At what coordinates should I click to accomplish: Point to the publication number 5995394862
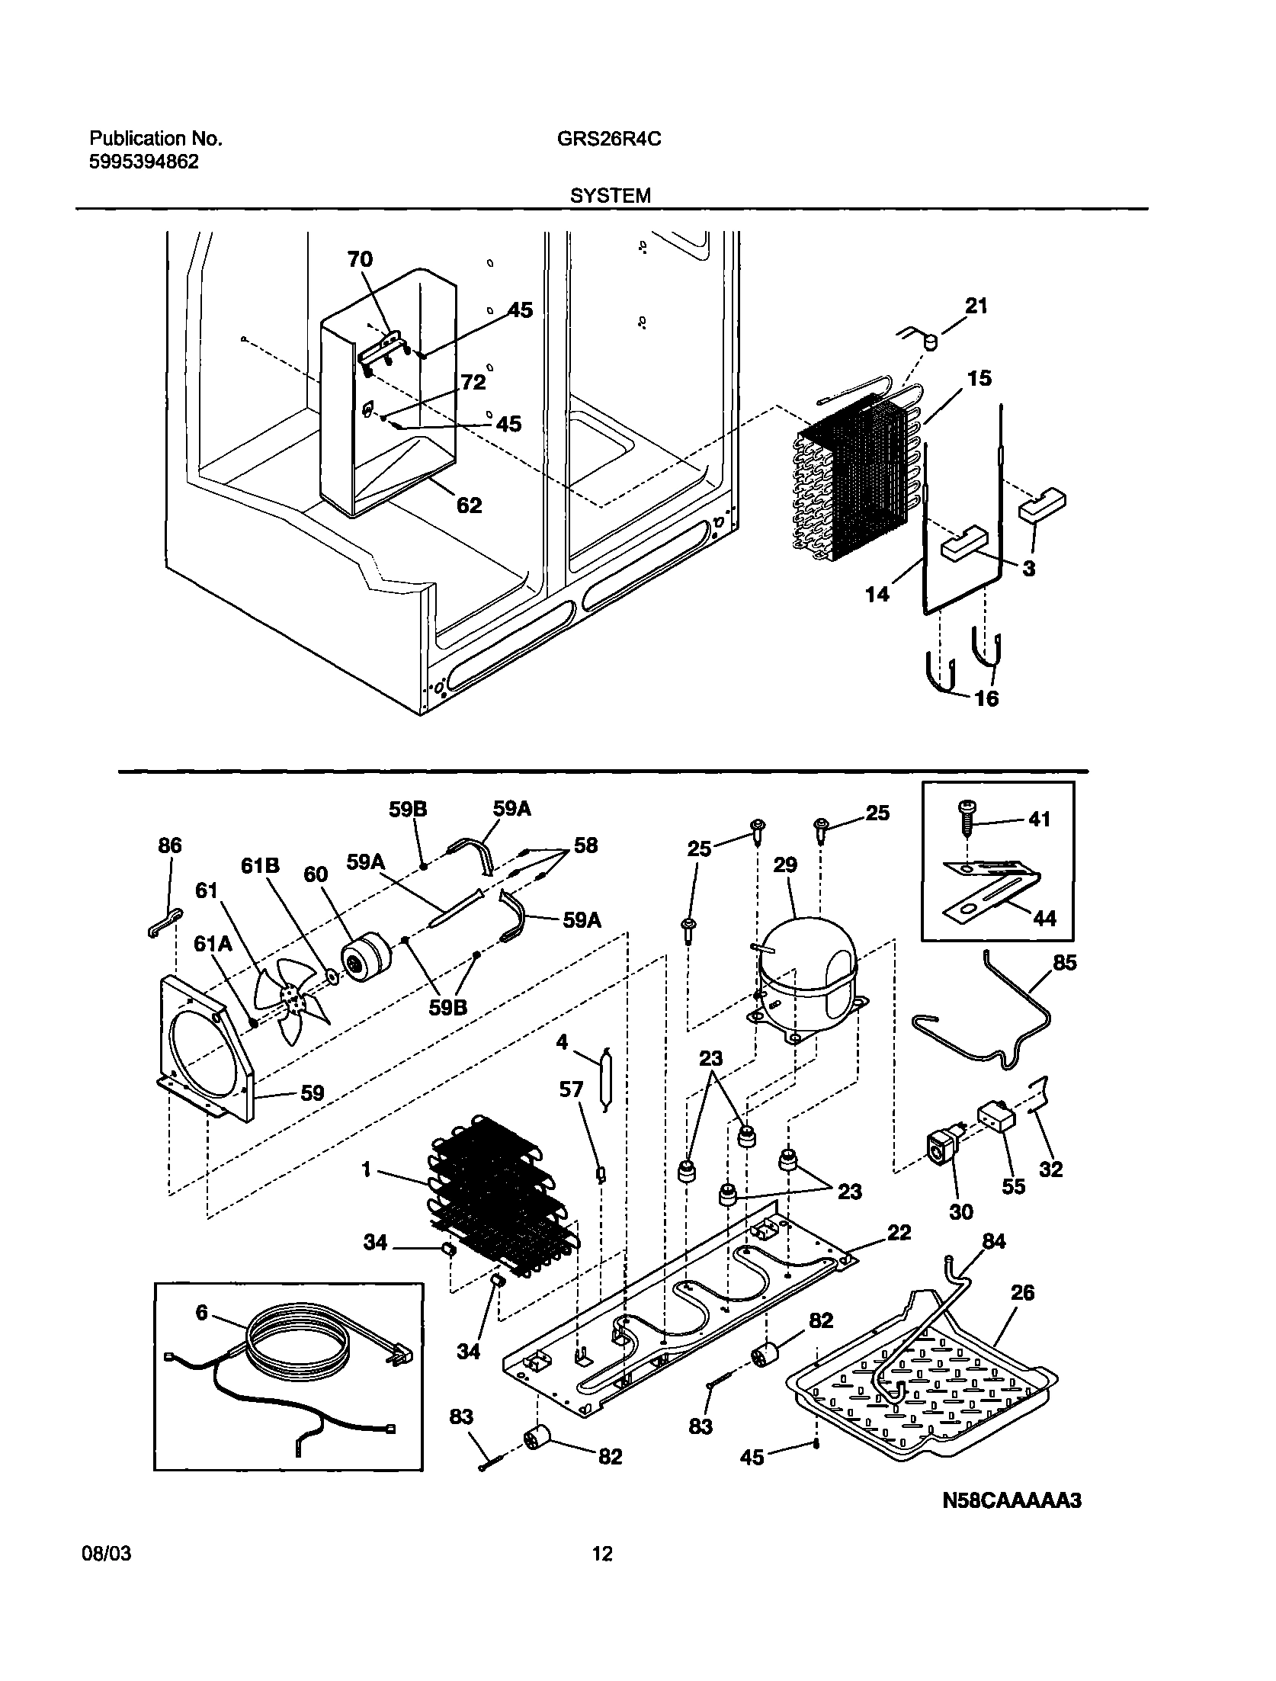tap(144, 162)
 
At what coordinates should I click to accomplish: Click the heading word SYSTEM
tap(611, 197)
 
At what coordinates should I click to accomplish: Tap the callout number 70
tap(360, 260)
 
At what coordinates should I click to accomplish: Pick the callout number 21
tap(976, 306)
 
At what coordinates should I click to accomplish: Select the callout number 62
tap(469, 505)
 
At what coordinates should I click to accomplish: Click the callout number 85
tap(1065, 963)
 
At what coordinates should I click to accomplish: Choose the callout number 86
tap(170, 845)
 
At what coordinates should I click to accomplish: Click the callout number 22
tap(899, 1233)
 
